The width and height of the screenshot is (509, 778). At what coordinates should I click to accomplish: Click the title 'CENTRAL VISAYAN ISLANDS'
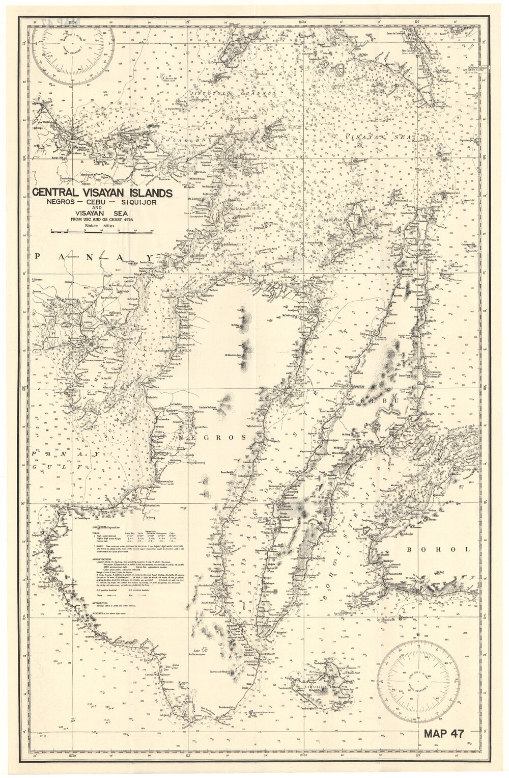click(102, 193)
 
